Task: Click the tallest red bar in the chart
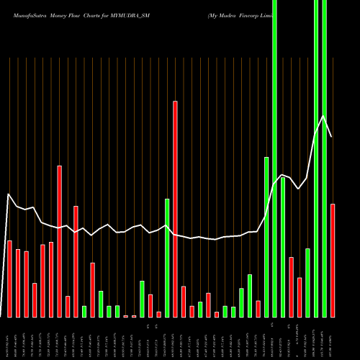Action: (175, 209)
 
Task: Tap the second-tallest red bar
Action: (60, 241)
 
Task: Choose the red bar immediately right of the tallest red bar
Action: (184, 302)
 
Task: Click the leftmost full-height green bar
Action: (274, 158)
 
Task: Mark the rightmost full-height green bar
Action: (324, 158)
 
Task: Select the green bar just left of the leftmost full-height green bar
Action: (266, 237)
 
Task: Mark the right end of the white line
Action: (332, 137)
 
